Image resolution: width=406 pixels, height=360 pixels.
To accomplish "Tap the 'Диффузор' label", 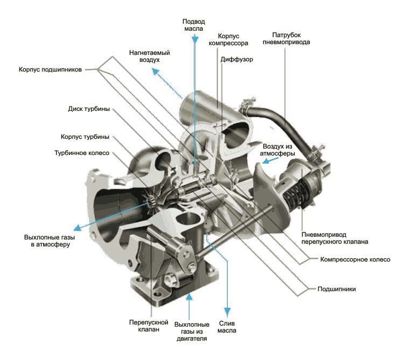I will point(236,60).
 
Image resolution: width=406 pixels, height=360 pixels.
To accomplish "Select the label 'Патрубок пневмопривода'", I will point(286,37).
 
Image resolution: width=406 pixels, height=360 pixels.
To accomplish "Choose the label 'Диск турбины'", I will point(89,109).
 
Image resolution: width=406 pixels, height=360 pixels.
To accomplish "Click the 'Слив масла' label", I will point(227,326).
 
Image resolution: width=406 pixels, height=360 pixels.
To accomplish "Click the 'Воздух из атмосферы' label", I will point(279,150).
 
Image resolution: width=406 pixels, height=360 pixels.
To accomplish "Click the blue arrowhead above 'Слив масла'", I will point(227,312).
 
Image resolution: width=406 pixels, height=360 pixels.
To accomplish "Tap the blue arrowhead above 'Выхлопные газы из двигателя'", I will point(190,297).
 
